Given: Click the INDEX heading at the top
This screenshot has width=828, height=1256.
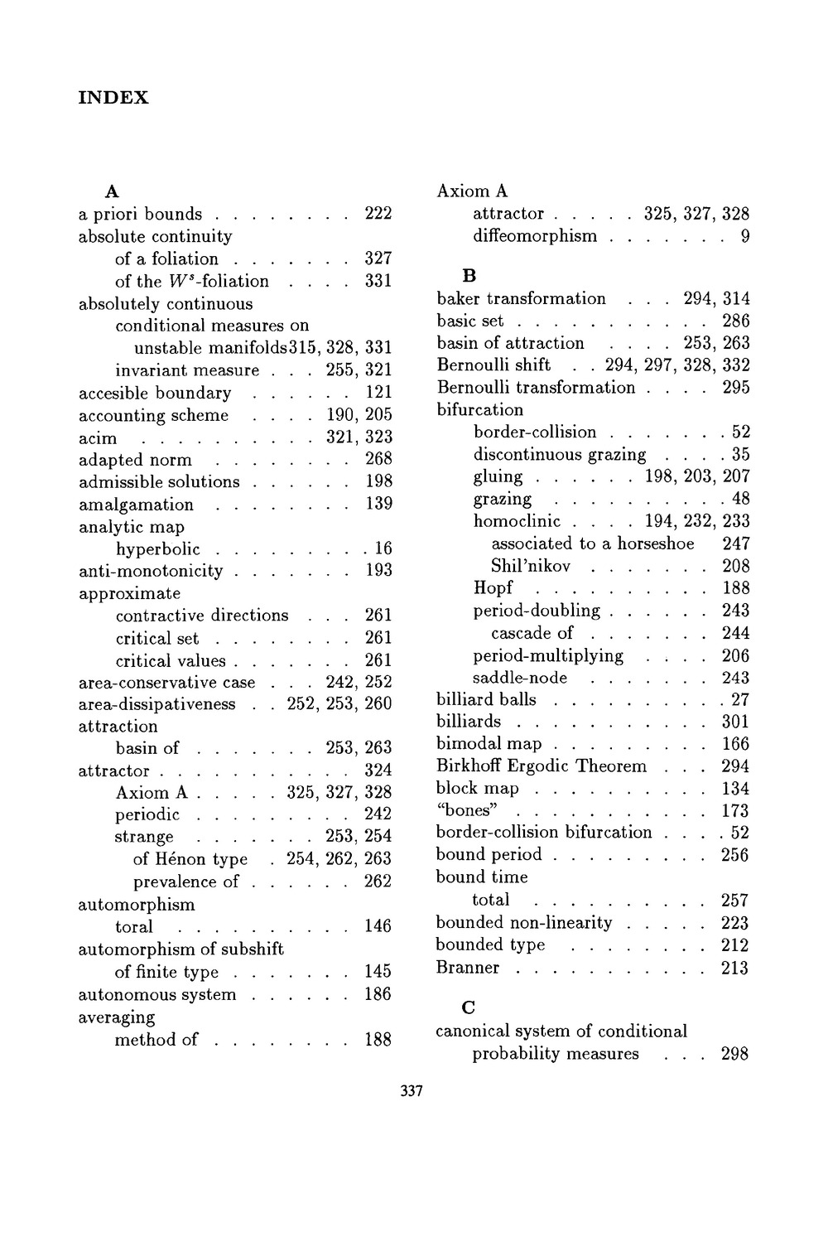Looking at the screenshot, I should point(113,98).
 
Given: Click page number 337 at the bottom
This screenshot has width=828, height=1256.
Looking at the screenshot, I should point(412,1091).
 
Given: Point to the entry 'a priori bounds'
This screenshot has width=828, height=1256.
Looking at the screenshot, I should point(140,214).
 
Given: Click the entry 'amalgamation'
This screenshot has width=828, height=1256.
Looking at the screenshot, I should point(136,504).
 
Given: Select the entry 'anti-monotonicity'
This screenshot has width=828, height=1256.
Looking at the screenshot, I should point(151,570).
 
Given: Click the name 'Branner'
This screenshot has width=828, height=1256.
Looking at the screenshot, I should point(468,968).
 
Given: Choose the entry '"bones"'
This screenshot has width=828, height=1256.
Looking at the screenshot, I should point(465,810).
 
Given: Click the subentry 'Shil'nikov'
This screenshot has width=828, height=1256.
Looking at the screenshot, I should point(531,566).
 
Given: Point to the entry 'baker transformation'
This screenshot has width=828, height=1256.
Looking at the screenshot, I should point(521,298).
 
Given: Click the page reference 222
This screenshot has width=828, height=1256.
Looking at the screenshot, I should point(378,214).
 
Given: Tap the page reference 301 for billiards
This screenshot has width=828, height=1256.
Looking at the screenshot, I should point(735,722).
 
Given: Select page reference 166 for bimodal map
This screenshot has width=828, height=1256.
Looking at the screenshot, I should point(735,744).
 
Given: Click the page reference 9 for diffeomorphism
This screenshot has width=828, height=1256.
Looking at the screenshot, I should point(745,236).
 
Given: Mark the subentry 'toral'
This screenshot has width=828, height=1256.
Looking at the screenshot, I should point(134,926).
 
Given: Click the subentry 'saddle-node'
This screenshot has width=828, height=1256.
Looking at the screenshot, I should point(520,677).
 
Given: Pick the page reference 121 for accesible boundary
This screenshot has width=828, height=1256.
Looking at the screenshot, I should point(378,393).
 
